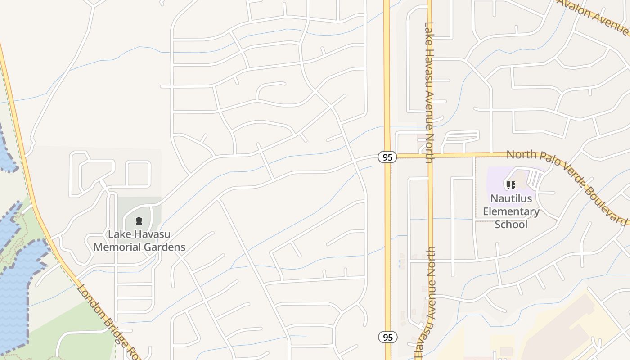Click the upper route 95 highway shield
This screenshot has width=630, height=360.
(387, 157)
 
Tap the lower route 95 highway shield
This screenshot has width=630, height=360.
(387, 337)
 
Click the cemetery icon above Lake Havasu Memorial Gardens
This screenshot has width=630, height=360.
(139, 221)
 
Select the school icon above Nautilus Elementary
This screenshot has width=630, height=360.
(511, 185)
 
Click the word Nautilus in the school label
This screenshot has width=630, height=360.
(511, 198)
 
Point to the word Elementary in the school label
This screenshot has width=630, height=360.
(511, 211)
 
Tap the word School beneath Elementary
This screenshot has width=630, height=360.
(511, 224)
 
